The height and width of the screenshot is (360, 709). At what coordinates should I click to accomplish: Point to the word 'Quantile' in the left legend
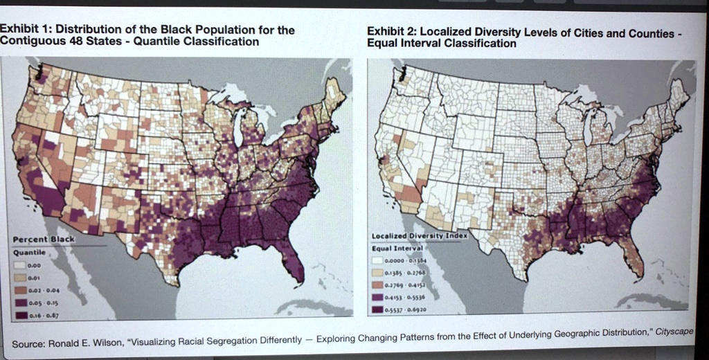tap(28, 252)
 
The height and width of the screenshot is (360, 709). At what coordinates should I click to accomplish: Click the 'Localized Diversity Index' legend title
tap(420, 235)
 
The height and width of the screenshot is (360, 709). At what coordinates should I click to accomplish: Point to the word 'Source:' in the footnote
tap(28, 344)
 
